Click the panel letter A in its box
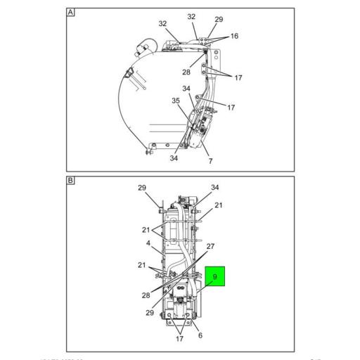pos(71,13)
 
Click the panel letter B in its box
pos(71,181)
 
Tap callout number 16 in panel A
pos(233,35)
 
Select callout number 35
pos(176,101)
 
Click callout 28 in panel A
pos(187,72)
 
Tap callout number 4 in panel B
pos(148,244)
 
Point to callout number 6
pos(200,335)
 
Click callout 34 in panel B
pos(215,187)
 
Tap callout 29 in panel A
pos(219,19)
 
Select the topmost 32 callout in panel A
pos(191,16)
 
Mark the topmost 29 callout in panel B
pos(142,188)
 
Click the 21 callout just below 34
pos(219,205)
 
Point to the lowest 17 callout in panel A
pos(231,107)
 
